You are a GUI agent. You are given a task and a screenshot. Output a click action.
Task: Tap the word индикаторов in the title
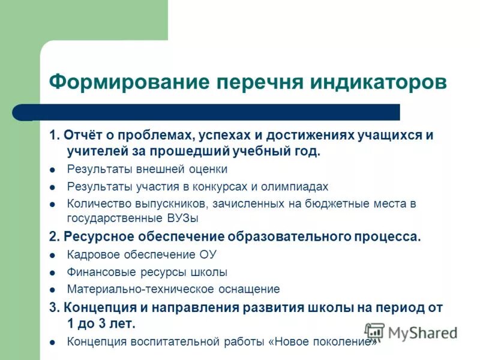point(378,82)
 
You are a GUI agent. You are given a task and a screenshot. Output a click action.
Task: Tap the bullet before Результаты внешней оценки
point(53,170)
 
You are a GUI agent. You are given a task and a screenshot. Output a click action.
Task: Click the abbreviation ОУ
point(207,254)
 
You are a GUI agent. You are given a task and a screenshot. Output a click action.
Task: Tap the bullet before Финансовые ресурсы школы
point(53,272)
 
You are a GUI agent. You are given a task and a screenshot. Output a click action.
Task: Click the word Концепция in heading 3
point(95,308)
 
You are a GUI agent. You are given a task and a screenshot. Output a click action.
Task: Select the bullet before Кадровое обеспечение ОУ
point(53,255)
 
